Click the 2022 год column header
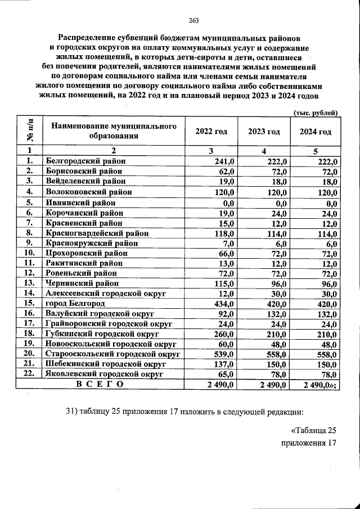(x=211, y=132)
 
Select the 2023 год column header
(x=264, y=132)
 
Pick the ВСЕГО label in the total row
(x=99, y=384)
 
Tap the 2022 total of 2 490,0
(x=218, y=385)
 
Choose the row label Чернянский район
(x=83, y=283)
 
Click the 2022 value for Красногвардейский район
(x=224, y=232)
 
